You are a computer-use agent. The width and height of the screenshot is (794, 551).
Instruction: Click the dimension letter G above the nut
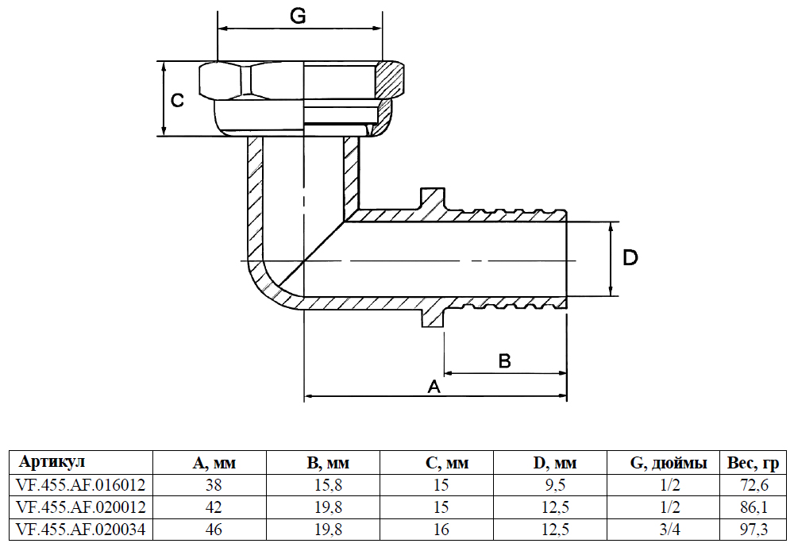click(x=298, y=17)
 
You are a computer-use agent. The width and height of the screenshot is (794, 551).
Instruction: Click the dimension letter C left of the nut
click(x=179, y=100)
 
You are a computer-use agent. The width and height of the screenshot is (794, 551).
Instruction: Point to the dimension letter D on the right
click(x=630, y=257)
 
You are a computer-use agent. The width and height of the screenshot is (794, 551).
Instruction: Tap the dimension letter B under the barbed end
click(x=505, y=361)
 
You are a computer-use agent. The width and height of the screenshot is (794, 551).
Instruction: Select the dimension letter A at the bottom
click(x=434, y=387)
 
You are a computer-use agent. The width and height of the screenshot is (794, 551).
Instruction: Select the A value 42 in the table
click(x=214, y=507)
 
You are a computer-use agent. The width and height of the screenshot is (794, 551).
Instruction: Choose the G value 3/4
click(x=669, y=528)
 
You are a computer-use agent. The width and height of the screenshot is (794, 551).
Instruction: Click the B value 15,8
click(x=328, y=484)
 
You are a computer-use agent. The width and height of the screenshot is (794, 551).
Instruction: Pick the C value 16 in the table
click(x=441, y=528)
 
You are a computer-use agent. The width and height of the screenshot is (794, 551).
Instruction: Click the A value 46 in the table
click(x=214, y=528)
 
